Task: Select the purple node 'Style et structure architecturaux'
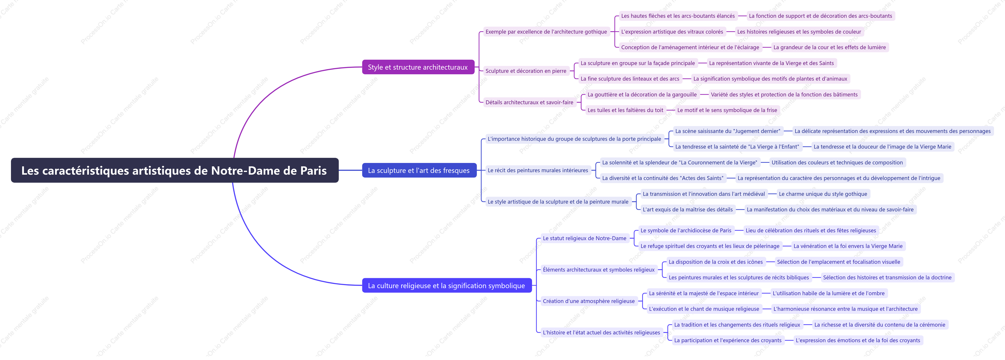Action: pyautogui.click(x=418, y=67)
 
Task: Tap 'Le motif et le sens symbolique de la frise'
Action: pyautogui.click(x=727, y=110)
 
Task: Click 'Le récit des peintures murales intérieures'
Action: pyautogui.click(x=538, y=170)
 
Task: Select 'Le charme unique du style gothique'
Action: pyautogui.click(x=823, y=194)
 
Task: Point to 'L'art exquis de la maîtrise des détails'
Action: pyautogui.click(x=688, y=209)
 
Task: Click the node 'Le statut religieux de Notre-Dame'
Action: pyautogui.click(x=584, y=238)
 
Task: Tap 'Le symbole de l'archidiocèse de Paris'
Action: pyautogui.click(x=686, y=230)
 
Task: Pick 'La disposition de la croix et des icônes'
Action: pyautogui.click(x=716, y=262)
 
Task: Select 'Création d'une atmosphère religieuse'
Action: pyautogui.click(x=589, y=301)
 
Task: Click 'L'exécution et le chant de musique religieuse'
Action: pyautogui.click(x=704, y=309)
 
